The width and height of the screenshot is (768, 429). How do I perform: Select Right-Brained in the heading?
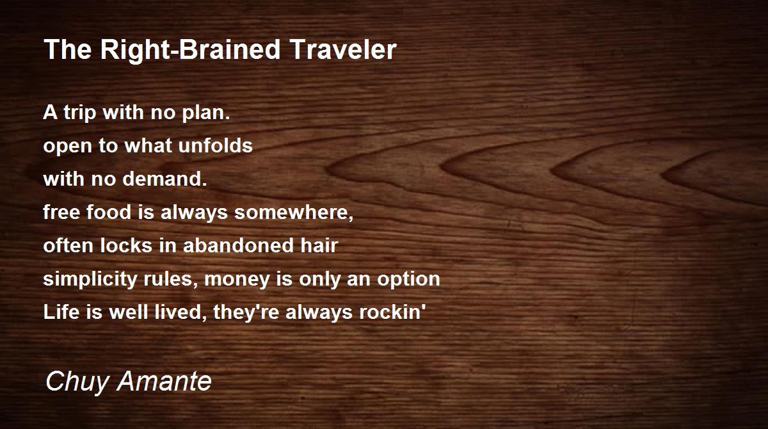[190, 51]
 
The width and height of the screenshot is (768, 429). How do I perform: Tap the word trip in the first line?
[79, 113]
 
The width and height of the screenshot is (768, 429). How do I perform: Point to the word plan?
[205, 113]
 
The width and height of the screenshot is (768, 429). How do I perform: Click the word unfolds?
[216, 145]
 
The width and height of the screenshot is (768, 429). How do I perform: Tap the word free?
[61, 211]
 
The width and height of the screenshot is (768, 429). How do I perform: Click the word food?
[109, 211]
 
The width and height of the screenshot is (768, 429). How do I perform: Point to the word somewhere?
[294, 213]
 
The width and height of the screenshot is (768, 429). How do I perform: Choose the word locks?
[126, 245]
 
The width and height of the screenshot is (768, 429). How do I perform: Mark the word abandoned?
[238, 245]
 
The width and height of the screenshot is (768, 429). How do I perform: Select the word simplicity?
[90, 279]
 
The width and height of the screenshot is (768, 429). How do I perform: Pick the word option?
[408, 279]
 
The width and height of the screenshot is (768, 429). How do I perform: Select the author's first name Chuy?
[77, 382]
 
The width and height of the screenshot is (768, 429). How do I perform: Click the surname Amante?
[164, 380]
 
